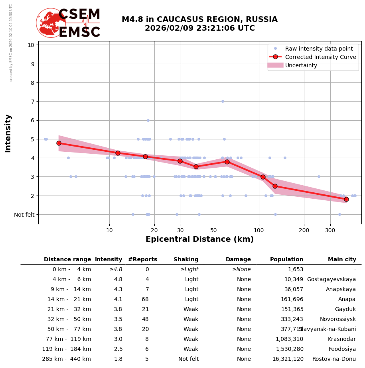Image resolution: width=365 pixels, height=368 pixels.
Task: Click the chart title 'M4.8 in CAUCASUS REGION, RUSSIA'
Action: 199,20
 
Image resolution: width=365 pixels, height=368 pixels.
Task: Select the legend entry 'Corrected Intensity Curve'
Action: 320,57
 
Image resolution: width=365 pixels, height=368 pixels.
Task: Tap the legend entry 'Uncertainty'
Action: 301,65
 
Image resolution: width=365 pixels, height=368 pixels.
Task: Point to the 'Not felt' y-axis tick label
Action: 24,215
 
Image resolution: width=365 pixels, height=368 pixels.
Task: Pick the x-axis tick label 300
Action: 330,231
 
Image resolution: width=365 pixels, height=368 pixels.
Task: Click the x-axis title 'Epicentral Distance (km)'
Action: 199,239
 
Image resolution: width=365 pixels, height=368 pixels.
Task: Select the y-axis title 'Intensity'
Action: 8,133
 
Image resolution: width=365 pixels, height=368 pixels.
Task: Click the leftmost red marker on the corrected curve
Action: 59,143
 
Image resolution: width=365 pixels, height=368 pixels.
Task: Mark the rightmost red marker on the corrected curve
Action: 346,199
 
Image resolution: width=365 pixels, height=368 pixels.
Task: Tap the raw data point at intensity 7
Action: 223,101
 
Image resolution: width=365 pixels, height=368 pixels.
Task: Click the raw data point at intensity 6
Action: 148,120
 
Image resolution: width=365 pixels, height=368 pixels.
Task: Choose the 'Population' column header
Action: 286,260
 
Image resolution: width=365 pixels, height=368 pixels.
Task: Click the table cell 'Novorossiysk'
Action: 337,319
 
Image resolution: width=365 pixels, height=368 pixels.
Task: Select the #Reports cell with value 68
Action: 145,299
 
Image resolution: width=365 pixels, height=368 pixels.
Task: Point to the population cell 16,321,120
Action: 286,359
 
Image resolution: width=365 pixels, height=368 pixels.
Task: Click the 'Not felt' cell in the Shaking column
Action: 188,359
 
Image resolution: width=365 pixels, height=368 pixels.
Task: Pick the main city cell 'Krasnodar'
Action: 342,339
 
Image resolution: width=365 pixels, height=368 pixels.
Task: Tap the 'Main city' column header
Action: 342,260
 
